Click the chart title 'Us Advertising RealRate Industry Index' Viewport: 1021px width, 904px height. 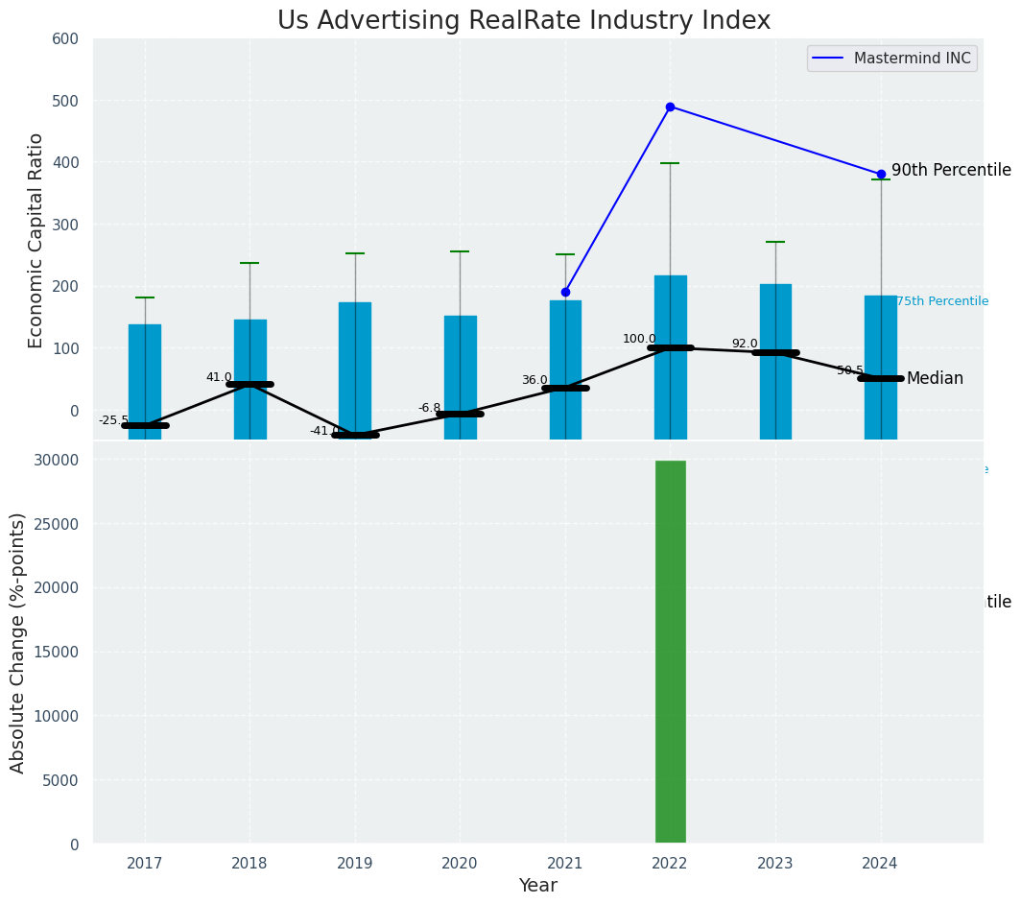[x=523, y=21]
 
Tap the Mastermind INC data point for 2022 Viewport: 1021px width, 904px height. [x=670, y=107]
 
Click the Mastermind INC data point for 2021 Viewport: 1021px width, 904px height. [x=565, y=292]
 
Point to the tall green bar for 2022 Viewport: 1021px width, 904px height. [x=670, y=652]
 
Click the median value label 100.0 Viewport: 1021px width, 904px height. [x=639, y=339]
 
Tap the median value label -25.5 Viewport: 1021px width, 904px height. [x=113, y=420]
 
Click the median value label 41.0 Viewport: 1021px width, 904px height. [x=219, y=377]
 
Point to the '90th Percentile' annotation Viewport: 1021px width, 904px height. [x=950, y=171]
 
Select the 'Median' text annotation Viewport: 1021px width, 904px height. [x=935, y=379]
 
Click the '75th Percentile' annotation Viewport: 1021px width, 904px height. [x=942, y=301]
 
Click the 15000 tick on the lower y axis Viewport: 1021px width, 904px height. [x=60, y=652]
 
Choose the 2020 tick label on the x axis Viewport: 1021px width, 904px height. [x=460, y=863]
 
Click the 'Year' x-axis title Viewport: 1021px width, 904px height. [x=537, y=886]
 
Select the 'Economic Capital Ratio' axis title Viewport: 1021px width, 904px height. [x=36, y=240]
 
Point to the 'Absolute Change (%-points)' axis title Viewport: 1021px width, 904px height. [x=18, y=642]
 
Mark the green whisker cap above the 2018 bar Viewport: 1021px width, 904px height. [x=249, y=263]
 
